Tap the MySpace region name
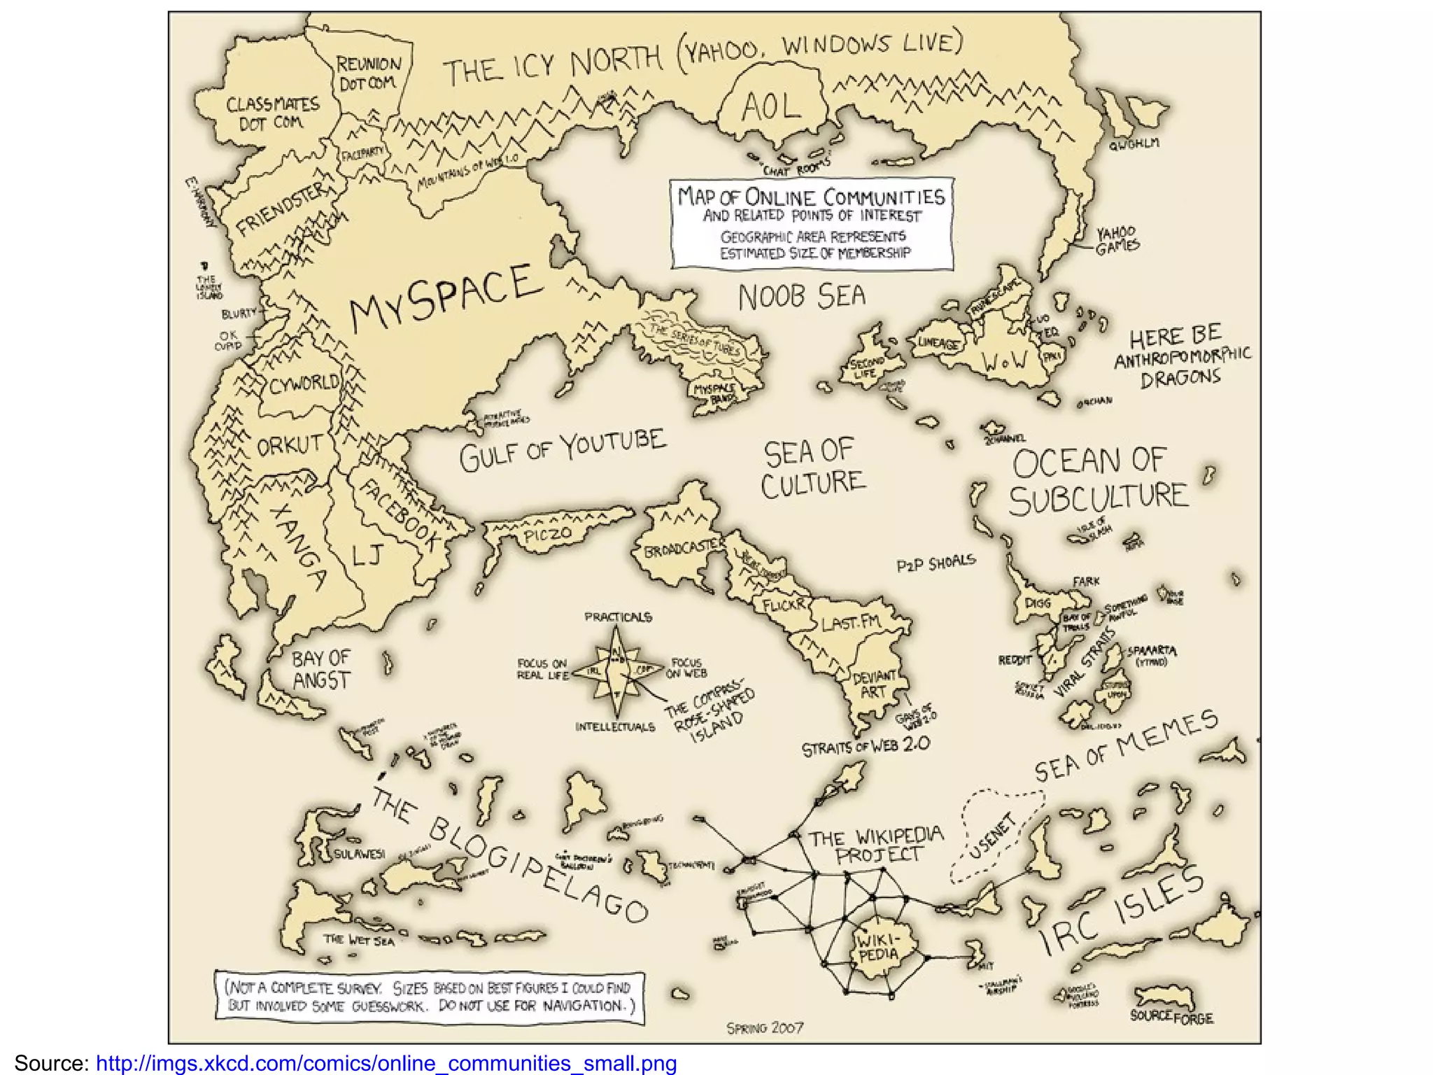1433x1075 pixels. (x=446, y=299)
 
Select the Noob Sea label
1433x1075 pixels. (x=802, y=297)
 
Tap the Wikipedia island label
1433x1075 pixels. (x=877, y=945)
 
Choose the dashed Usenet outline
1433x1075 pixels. (x=994, y=836)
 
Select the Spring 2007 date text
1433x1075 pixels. (x=765, y=1027)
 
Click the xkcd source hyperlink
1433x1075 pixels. (x=386, y=1063)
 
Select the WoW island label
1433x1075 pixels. (x=1005, y=362)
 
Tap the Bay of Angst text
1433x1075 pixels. (x=320, y=669)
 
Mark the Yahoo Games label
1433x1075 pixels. (x=1117, y=240)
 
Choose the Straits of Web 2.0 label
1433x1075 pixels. (x=866, y=746)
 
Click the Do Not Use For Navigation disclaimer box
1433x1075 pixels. (x=430, y=997)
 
